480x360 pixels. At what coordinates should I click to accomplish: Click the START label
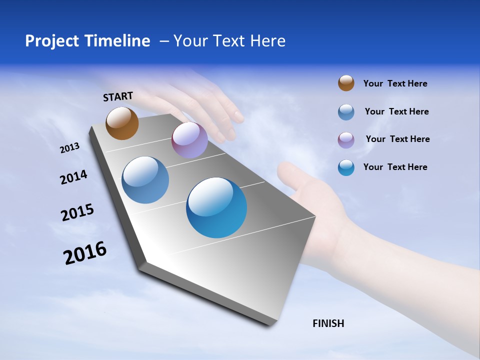point(118,96)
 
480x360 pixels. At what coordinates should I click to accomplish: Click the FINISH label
point(328,323)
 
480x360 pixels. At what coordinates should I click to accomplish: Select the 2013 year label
point(69,148)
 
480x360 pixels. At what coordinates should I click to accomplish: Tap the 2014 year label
point(73,177)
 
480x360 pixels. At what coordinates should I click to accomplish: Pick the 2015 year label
point(77,212)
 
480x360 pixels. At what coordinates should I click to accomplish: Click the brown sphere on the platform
point(122,123)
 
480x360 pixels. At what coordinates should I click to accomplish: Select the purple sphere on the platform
point(189,140)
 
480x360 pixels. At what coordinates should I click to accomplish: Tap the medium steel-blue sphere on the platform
point(145,180)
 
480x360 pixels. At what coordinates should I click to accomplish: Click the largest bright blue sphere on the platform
point(216,207)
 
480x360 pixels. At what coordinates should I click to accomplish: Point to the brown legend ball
point(346,83)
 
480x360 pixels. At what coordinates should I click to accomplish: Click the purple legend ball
point(346,139)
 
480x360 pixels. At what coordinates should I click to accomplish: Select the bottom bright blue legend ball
point(346,167)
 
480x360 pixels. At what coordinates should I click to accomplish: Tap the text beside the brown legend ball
point(395,83)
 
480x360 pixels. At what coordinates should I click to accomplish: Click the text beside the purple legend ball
point(397,139)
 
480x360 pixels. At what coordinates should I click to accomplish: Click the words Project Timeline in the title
point(87,41)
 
